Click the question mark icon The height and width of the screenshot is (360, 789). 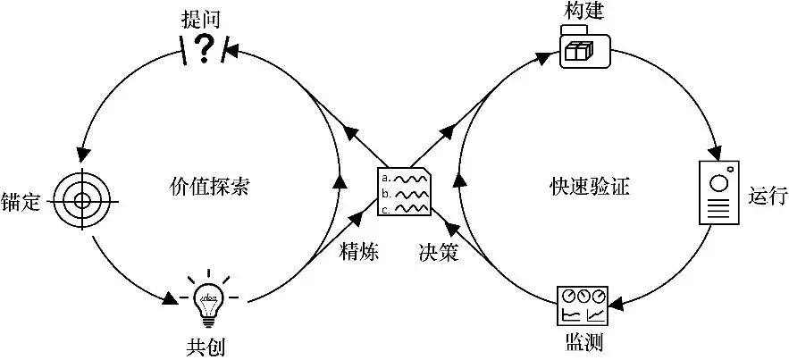(x=204, y=49)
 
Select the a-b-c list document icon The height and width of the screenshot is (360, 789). (x=405, y=190)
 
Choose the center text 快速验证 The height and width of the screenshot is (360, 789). (x=590, y=187)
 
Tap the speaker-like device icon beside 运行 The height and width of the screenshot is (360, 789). (x=720, y=193)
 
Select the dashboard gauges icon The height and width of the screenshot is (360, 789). (x=583, y=306)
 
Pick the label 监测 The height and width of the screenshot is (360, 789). (x=583, y=344)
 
